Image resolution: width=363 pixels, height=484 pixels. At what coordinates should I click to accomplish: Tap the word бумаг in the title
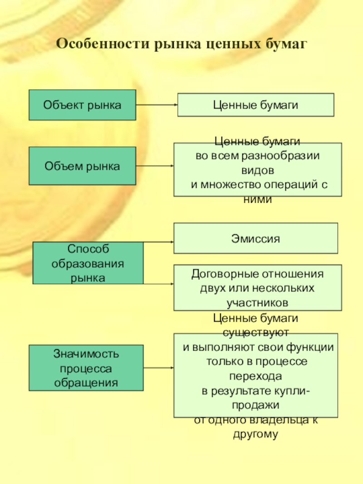[x=285, y=44]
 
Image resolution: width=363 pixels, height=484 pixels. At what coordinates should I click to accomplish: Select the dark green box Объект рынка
[x=83, y=105]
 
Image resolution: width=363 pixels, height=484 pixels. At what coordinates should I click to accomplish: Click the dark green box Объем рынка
[x=83, y=166]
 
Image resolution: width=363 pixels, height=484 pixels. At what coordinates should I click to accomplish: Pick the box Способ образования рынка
[x=88, y=263]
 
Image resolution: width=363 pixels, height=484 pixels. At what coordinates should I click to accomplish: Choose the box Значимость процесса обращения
[x=86, y=368]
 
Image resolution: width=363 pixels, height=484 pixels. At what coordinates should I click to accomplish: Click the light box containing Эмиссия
[x=255, y=238]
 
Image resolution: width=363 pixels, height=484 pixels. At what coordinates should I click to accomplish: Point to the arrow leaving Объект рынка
[x=157, y=105]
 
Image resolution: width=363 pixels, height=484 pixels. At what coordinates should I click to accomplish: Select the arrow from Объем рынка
[x=155, y=166]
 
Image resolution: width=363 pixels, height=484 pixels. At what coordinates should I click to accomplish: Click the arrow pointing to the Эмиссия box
[x=159, y=242]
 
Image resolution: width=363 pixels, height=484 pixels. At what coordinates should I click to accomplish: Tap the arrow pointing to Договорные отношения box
[x=159, y=284]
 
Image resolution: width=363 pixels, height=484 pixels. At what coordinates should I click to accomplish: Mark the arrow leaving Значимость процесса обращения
[x=159, y=368]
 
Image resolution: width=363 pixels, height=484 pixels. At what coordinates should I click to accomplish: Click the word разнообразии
[x=280, y=156]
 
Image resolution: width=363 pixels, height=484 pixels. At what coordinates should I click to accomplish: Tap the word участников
[x=257, y=303]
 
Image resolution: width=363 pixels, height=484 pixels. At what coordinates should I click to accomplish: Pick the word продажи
[x=255, y=405]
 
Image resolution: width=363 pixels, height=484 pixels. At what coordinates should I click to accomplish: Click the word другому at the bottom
[x=255, y=435]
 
